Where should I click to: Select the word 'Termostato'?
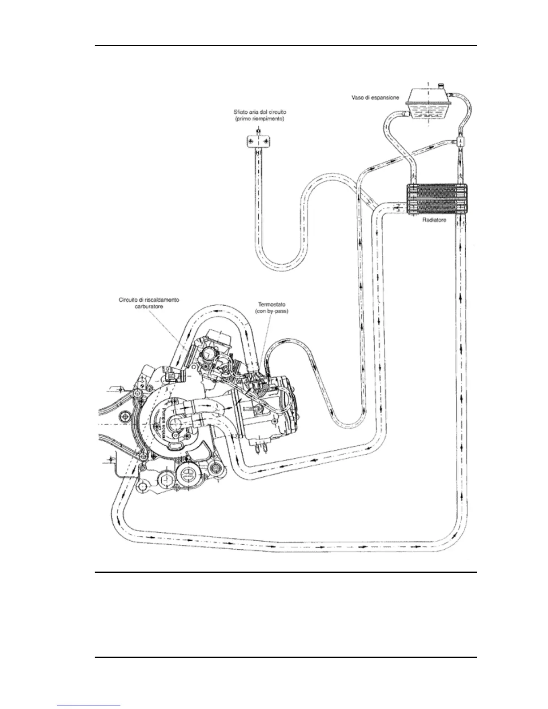pyautogui.click(x=270, y=303)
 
